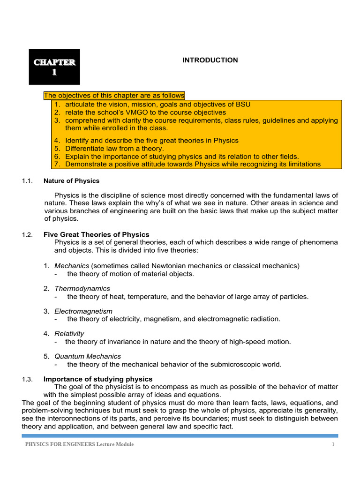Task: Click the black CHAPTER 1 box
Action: click(54, 67)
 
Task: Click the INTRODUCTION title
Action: click(210, 60)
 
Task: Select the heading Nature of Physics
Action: click(71, 180)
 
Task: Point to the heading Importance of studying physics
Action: click(98, 379)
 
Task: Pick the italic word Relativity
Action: click(69, 333)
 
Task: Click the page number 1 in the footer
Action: click(333, 444)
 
